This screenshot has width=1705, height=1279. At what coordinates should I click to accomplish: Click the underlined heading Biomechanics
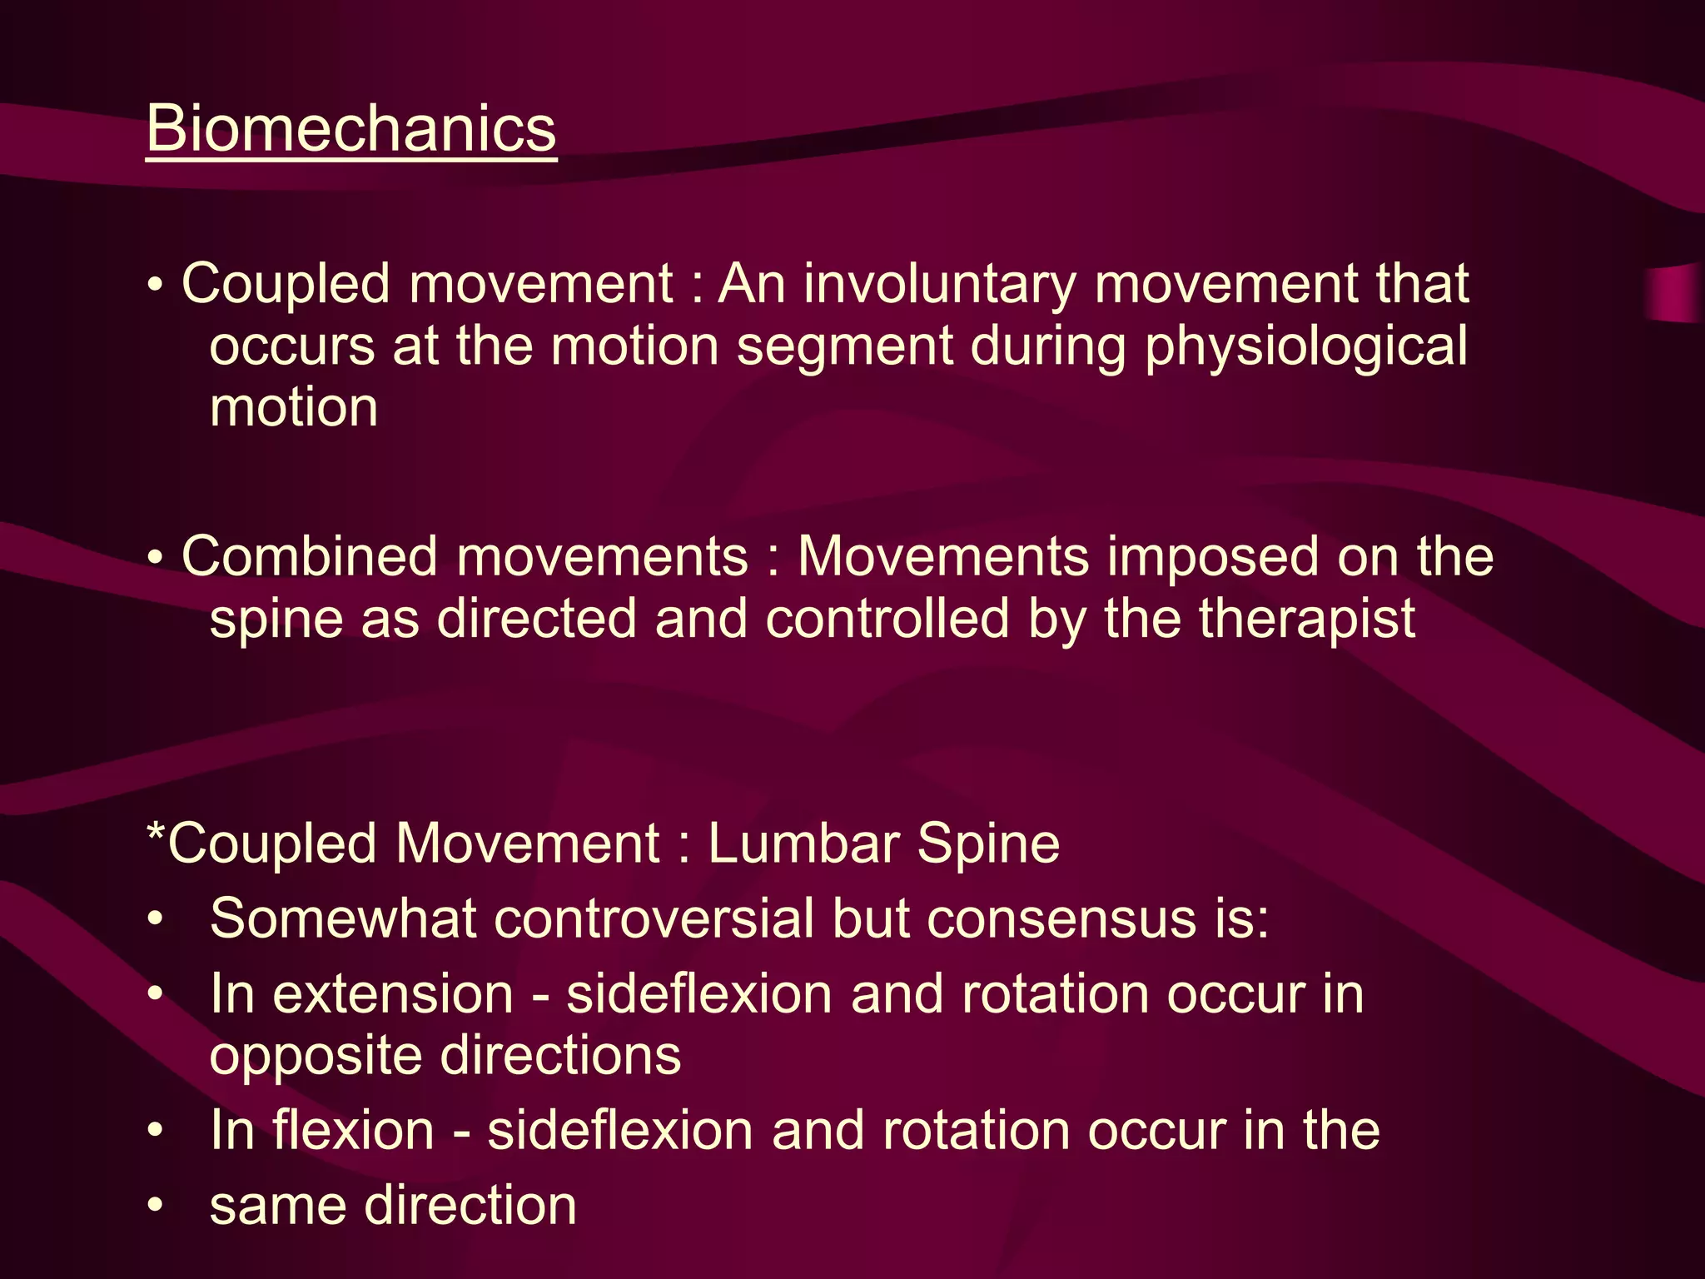pos(350,129)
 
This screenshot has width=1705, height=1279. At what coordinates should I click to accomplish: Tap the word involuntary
pos(940,284)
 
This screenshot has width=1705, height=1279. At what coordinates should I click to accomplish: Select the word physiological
pos(1305,346)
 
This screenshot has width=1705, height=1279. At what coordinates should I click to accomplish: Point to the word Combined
pos(309,556)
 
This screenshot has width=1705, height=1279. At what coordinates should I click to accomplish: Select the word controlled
pos(887,619)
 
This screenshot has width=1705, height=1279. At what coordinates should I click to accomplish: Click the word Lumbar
pos(803,844)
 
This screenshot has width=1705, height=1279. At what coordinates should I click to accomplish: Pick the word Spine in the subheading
pos(988,844)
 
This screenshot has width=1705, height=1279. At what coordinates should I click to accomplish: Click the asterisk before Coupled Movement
pos(156,833)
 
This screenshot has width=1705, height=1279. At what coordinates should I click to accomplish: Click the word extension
pos(393,994)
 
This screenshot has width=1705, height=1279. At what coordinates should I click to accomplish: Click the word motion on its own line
pos(294,408)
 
